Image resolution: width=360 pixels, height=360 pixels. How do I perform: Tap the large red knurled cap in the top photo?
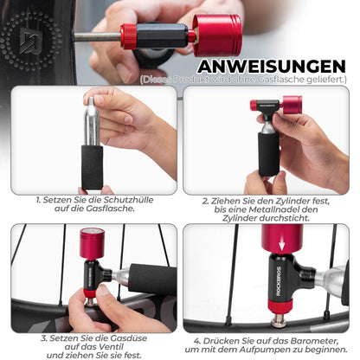217,35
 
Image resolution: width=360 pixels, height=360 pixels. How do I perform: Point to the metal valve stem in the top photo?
94,36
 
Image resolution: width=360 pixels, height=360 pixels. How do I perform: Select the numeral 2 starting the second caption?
205,200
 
